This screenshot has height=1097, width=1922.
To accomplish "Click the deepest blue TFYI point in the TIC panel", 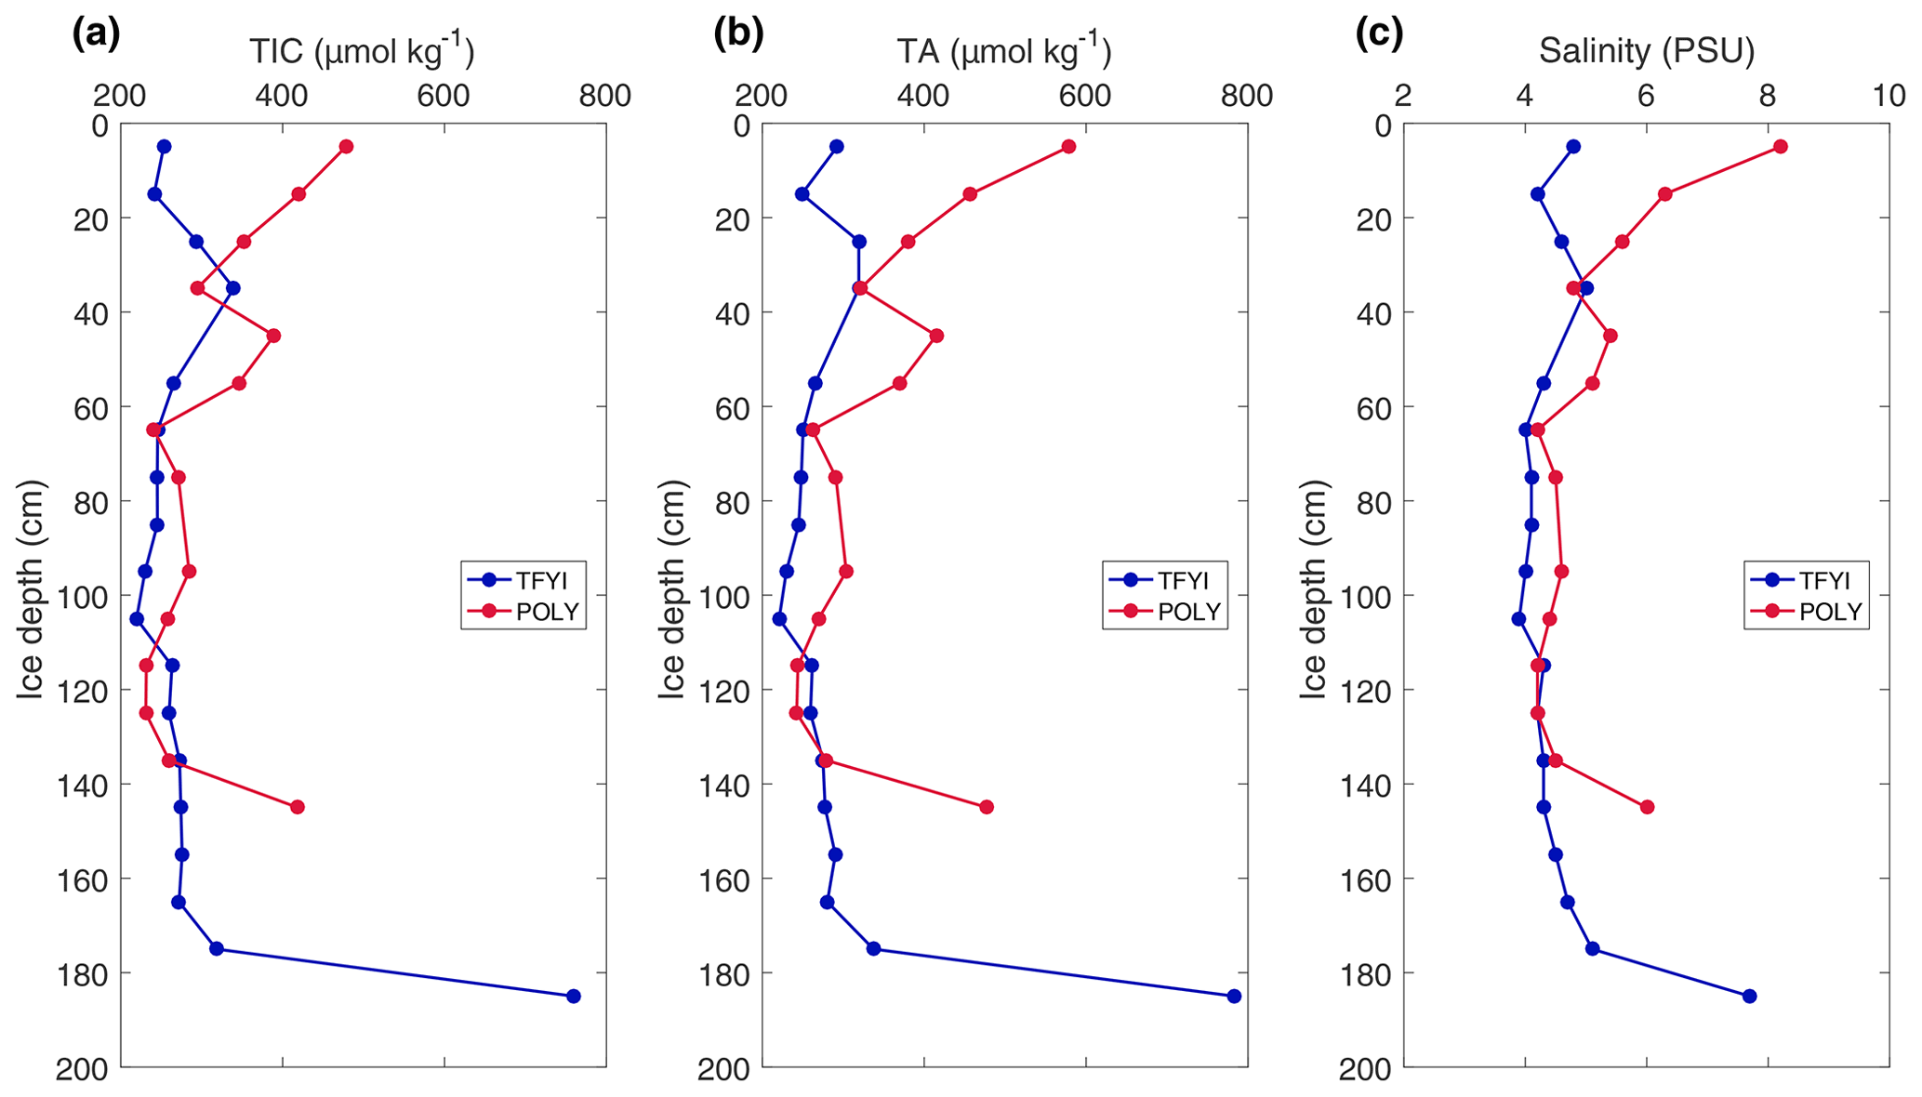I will (573, 996).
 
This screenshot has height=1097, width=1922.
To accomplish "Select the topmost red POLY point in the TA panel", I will (1068, 146).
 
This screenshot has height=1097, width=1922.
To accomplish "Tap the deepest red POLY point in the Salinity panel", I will (1647, 807).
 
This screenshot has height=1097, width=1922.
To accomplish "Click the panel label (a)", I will (96, 33).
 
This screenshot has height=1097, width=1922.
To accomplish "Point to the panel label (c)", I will (1379, 33).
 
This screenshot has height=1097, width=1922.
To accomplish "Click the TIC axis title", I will (362, 50).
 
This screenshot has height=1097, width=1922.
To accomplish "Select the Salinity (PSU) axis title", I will (1646, 50).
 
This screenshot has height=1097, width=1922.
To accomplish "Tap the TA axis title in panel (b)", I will (1003, 50).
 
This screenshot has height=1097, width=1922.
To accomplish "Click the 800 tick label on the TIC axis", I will (604, 96).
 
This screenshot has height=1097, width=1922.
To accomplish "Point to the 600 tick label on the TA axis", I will (1085, 96).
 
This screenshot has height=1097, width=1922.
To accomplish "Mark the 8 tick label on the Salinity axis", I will (1767, 96).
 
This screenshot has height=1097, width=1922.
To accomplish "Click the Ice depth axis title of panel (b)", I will (671, 589).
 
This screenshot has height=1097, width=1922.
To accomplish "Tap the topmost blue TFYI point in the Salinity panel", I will (1573, 146).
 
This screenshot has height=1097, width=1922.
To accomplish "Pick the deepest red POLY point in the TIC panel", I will (298, 807).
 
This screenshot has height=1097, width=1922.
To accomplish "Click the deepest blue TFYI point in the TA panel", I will (1234, 996).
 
